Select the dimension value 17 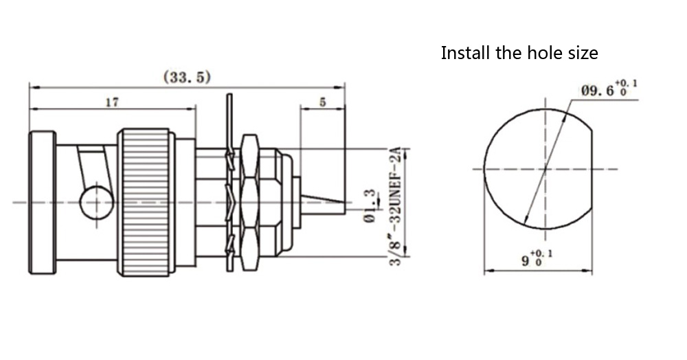click(x=112, y=102)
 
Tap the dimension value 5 click(x=322, y=102)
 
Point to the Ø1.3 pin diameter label click(x=369, y=207)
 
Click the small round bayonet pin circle click(x=95, y=203)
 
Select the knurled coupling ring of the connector click(x=145, y=202)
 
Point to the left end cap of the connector click(x=42, y=202)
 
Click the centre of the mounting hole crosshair click(x=545, y=168)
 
